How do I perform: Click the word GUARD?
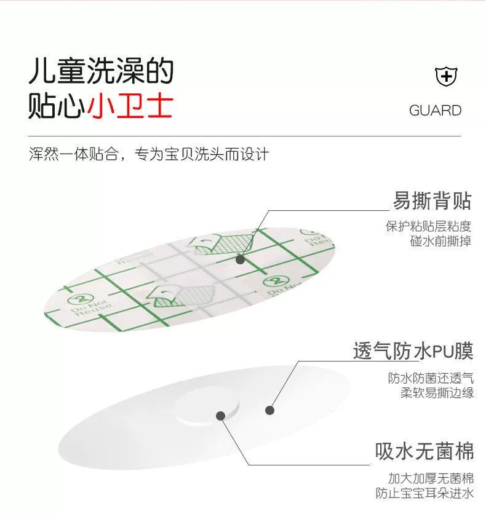click(x=435, y=111)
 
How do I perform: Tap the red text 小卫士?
click(x=130, y=106)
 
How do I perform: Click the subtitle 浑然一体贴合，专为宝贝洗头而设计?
click(x=149, y=154)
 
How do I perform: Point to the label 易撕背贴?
click(x=432, y=200)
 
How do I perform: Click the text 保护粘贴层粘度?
click(x=428, y=226)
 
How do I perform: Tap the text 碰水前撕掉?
click(x=440, y=241)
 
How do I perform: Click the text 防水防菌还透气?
click(x=431, y=378)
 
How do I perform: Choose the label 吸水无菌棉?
click(x=424, y=452)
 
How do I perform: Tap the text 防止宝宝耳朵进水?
click(x=424, y=493)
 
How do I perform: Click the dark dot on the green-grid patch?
click(x=241, y=259)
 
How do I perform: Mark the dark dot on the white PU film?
click(x=269, y=410)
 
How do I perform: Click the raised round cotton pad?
click(x=207, y=406)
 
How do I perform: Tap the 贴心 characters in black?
click(x=57, y=106)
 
